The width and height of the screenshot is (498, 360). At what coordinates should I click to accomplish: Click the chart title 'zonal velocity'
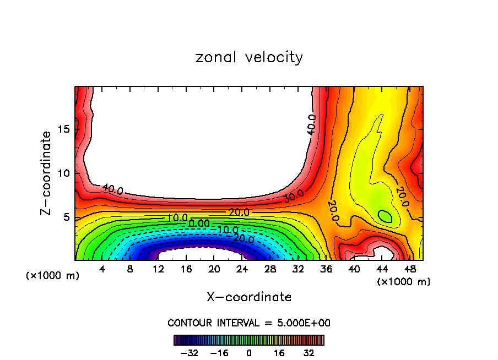[249, 57]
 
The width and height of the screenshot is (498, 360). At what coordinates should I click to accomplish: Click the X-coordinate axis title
[249, 297]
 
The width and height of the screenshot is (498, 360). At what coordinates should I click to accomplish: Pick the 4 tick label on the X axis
[102, 269]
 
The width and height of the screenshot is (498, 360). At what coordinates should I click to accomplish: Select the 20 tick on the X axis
[214, 269]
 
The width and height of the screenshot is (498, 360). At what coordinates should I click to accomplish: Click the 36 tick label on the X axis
[326, 269]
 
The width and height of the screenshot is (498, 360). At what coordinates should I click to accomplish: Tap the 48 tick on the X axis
[409, 269]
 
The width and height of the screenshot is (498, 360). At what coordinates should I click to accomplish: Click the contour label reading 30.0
[294, 196]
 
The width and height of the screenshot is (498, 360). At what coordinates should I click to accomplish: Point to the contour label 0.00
[198, 223]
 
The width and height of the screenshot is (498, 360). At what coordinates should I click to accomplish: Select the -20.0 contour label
[243, 238]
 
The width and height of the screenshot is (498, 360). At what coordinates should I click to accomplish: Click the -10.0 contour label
[227, 230]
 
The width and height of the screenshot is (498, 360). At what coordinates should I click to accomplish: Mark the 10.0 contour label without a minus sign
[177, 218]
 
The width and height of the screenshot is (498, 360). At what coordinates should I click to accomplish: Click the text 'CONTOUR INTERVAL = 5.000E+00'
[249, 323]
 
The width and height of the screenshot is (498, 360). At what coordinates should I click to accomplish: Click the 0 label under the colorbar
[249, 352]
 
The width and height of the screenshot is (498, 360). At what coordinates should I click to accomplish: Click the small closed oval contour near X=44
[385, 216]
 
